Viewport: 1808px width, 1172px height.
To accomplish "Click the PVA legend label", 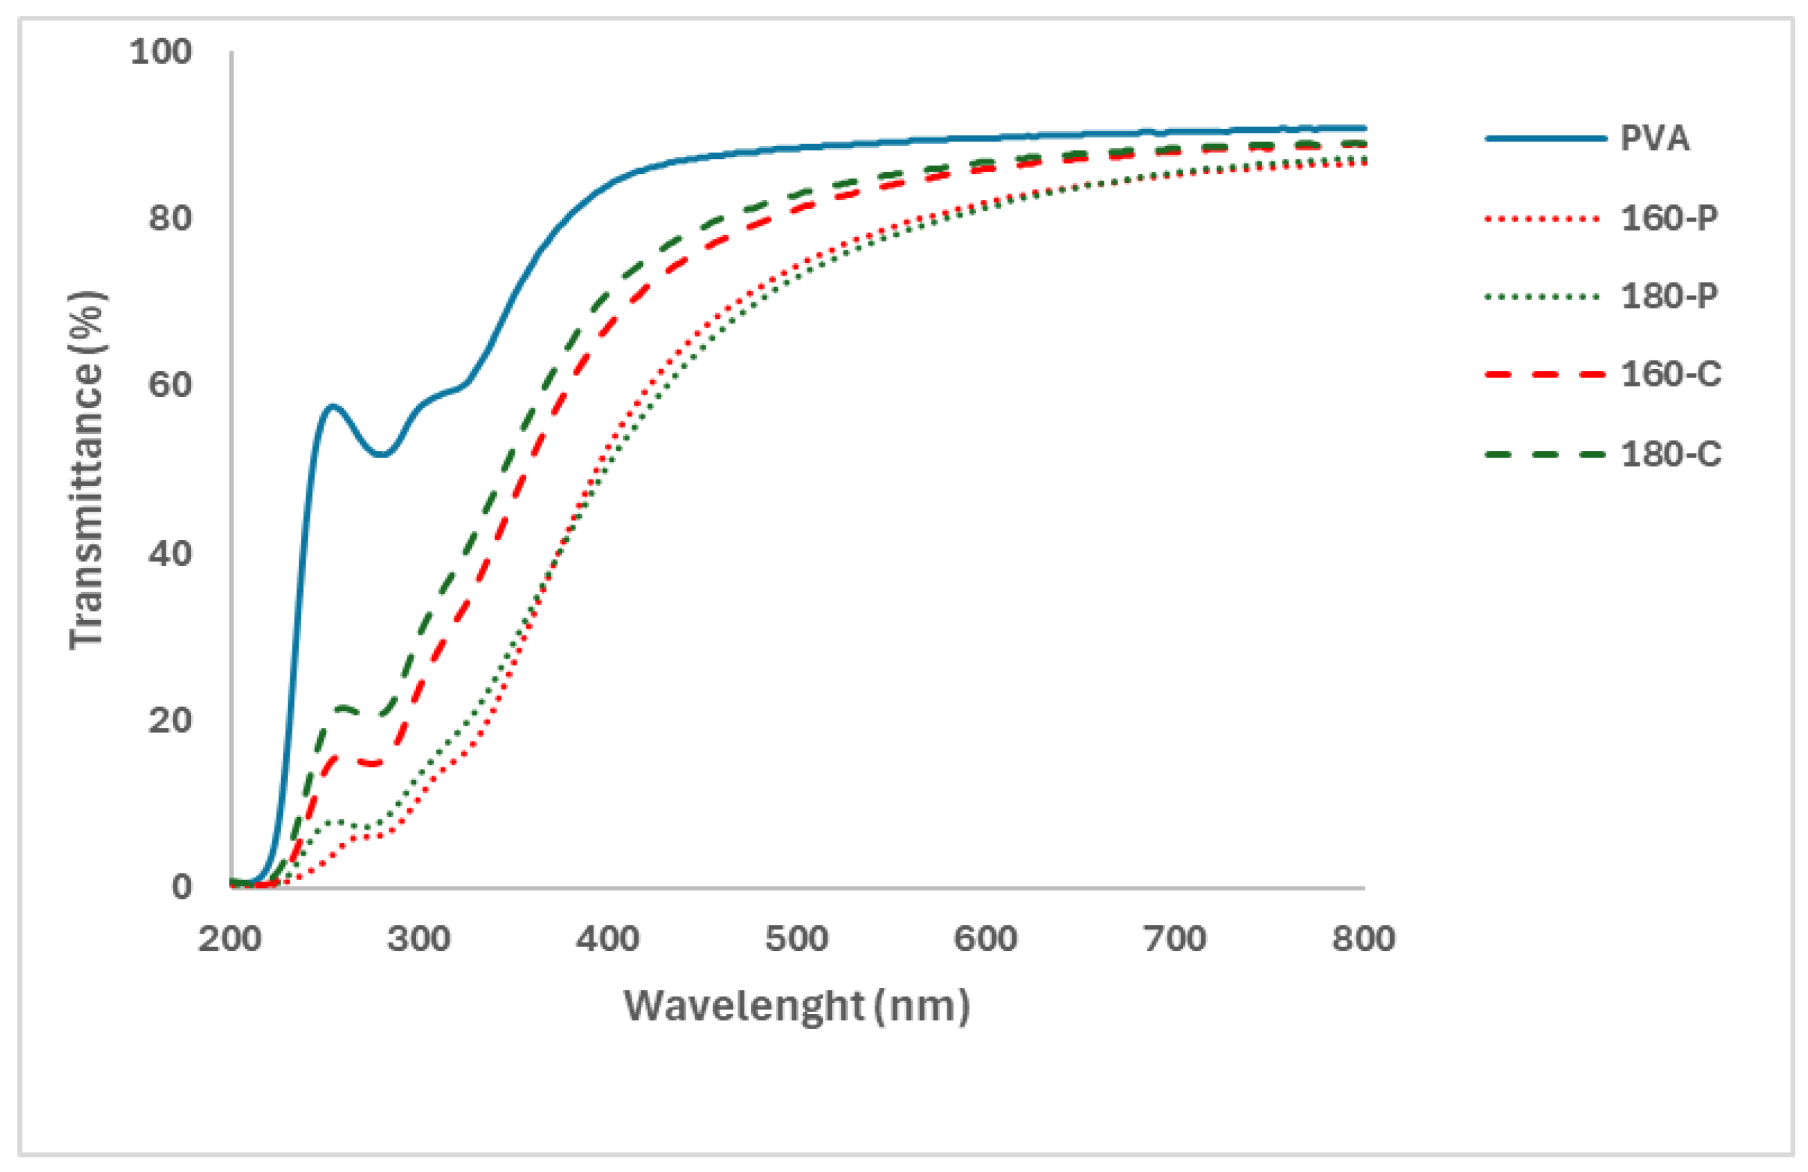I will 1654,138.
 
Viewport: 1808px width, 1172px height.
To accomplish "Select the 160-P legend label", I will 1668,219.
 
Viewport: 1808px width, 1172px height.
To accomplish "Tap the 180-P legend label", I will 1668,296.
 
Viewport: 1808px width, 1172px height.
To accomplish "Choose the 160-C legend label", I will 1670,374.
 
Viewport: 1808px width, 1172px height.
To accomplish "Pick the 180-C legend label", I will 1670,455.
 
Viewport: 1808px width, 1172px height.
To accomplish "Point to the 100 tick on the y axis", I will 160,53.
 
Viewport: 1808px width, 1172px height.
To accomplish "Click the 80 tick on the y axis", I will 170,219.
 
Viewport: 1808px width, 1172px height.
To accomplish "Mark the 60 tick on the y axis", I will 170,385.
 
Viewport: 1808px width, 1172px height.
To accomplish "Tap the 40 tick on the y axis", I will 170,553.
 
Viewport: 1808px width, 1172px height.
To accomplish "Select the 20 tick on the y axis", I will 170,719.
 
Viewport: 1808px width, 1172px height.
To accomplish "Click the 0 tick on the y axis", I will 181,886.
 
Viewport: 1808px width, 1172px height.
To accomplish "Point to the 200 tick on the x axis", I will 230,940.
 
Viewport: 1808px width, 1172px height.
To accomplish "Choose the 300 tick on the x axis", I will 419,940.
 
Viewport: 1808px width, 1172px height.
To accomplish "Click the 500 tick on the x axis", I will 796,940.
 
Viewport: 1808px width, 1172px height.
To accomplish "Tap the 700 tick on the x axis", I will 1174,940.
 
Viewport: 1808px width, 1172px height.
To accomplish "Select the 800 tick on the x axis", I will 1363,940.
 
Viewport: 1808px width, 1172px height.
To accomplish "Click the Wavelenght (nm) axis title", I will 796,1006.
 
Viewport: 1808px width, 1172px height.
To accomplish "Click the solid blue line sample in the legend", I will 1545,139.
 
